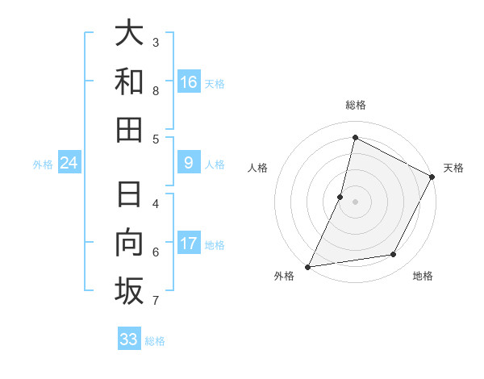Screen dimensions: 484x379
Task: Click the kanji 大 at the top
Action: point(129,33)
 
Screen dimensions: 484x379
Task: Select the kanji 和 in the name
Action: point(129,81)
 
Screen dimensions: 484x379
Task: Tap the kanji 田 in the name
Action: point(129,130)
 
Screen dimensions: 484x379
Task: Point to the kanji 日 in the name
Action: point(129,194)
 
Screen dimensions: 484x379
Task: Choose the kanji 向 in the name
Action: point(129,243)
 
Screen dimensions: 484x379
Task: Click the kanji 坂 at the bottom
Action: point(129,291)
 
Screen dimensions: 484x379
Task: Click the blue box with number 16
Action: point(189,81)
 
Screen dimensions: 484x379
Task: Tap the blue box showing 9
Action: point(189,163)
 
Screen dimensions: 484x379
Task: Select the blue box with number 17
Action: point(189,244)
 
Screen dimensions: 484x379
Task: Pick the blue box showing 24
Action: point(69,163)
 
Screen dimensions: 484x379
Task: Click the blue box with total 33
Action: point(129,339)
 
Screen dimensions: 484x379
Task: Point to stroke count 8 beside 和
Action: point(156,91)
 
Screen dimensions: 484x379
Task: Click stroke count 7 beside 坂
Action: point(156,301)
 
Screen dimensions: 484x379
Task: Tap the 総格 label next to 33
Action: point(155,341)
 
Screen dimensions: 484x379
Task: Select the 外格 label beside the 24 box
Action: point(43,165)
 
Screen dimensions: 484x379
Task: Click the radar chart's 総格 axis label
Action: point(355,105)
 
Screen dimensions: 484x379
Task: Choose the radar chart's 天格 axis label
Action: point(453,168)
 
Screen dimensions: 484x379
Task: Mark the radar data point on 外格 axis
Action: point(308,266)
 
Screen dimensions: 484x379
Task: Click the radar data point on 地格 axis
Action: point(394,255)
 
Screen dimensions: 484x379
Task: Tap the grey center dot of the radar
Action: point(355,202)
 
